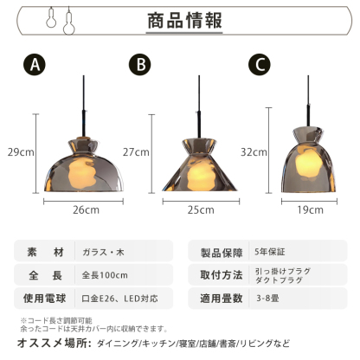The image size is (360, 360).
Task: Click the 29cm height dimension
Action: point(20,151)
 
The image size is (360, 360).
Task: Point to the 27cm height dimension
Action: point(137,151)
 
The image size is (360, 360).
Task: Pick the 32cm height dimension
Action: point(254,151)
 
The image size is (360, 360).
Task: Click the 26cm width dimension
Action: point(85,209)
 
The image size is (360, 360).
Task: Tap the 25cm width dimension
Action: point(201,209)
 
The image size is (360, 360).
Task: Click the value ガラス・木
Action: point(101,252)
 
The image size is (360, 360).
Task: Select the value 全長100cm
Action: point(106,275)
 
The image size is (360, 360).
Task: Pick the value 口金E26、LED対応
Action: point(121,299)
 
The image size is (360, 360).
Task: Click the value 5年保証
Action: point(270,252)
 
